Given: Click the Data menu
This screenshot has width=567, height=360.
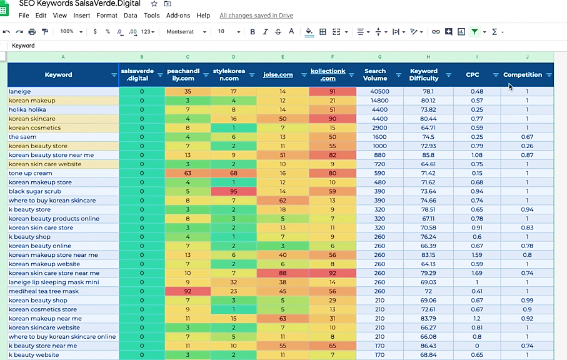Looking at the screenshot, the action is coord(130,16).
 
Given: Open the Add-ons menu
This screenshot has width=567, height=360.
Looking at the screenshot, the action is coord(178,16).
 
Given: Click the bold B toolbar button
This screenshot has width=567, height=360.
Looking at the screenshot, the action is coord(253,32).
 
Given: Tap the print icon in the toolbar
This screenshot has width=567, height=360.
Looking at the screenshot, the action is coord(32,32).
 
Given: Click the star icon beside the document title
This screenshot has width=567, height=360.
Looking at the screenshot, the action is coord(154,4).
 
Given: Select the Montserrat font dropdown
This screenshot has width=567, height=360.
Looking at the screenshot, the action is coord(186,32).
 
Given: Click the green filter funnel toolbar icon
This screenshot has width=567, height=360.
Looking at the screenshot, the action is coord(474,32).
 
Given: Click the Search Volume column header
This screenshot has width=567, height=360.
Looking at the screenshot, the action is coord(375,75).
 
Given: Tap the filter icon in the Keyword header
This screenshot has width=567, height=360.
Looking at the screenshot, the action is coord(114,75).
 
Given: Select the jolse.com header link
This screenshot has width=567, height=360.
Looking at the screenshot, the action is coord(278,75).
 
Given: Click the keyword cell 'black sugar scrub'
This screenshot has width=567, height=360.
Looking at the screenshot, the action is coord(35,191).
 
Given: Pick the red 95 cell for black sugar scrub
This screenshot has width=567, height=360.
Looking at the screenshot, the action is coord(234,191).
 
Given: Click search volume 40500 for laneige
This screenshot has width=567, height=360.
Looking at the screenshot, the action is coord(379,91).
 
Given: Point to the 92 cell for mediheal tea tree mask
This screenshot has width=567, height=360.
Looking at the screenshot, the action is coord(188,291).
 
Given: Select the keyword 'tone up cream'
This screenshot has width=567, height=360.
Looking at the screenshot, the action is coord(31,173).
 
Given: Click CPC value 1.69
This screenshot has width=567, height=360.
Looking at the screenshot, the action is coord(477,273).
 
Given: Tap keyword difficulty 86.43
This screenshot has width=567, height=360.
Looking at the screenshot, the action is coord(428,346).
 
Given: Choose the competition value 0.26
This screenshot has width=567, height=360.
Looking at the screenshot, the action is coord(527,146).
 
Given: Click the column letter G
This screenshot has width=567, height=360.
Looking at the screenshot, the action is coord(379,57).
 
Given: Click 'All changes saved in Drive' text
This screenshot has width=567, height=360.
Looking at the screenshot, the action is coord(256,16).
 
